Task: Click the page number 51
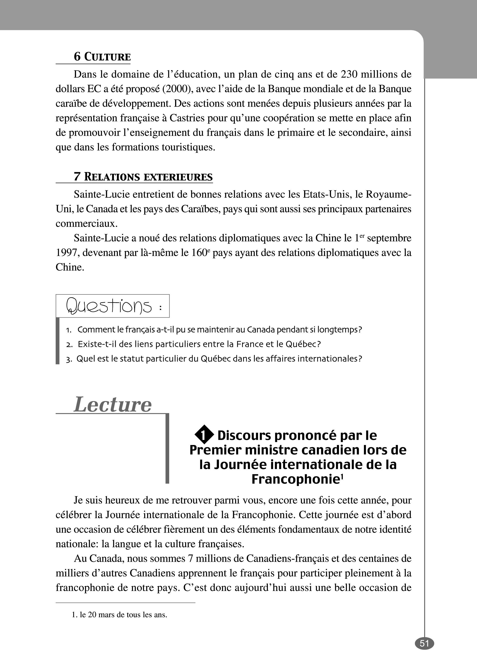(x=424, y=643)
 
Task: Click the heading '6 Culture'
(x=102, y=57)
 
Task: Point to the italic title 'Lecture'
(x=112, y=405)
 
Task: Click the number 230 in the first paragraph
(x=348, y=74)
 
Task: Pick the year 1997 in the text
(x=66, y=253)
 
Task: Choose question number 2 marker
(x=69, y=344)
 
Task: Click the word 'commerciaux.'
(x=87, y=223)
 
